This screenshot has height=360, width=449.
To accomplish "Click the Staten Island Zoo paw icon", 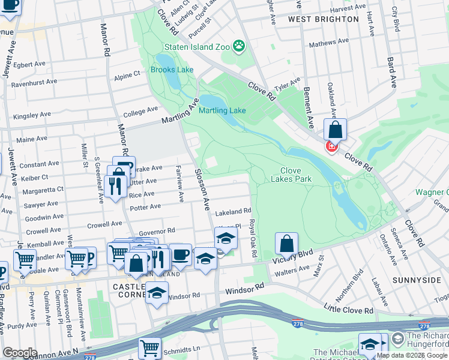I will point(239,46).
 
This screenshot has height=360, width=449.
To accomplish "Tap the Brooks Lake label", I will point(172,70).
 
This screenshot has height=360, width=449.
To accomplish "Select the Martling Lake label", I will point(222,110).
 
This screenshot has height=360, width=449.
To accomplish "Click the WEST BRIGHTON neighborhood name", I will point(323,19).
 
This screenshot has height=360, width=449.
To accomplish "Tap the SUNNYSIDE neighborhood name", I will point(412,280).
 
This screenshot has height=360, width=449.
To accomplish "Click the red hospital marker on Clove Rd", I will point(331,146).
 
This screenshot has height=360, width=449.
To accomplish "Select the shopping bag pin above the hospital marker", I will point(335,129).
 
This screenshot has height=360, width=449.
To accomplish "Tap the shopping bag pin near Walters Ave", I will point(287,244).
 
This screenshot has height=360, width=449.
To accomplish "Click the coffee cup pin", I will point(180,254).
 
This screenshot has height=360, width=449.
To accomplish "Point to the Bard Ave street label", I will point(391,73).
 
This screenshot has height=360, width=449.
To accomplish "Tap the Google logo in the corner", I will point(20,352).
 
